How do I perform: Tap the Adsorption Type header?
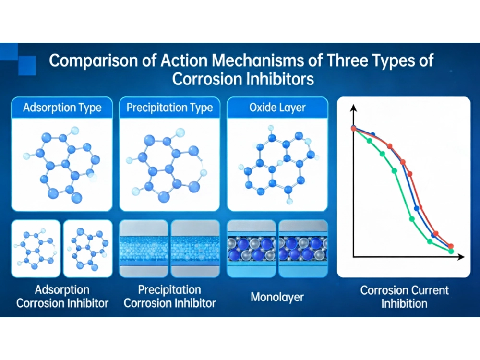(62, 108)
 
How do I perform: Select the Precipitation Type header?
(170, 108)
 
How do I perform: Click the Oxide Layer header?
(277, 108)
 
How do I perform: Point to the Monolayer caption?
(277, 297)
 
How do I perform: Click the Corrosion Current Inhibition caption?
(404, 297)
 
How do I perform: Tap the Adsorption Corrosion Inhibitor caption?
(62, 297)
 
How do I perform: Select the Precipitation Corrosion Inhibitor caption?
(170, 297)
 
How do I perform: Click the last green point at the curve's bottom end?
(451, 251)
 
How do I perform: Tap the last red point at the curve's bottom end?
(451, 246)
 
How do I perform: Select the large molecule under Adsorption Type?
(62, 163)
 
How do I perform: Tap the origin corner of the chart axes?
(354, 257)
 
